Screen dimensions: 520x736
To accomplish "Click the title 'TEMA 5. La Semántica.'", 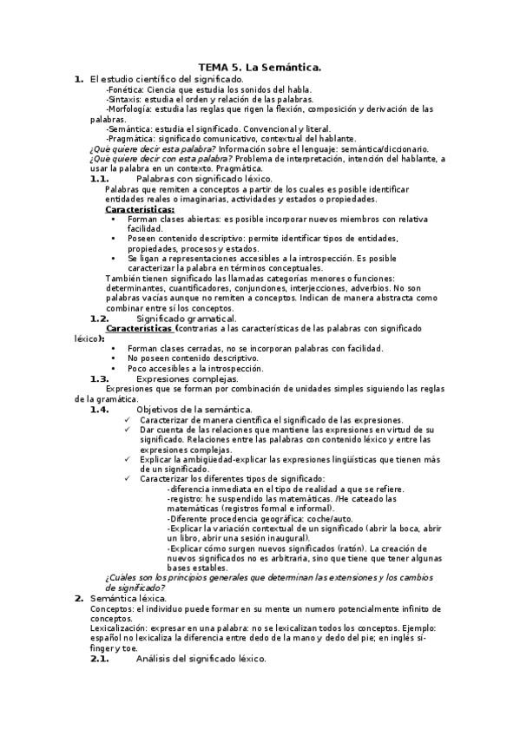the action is [260, 67].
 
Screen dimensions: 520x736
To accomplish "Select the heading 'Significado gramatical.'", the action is [187, 318].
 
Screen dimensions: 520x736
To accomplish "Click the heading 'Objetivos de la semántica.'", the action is [194, 409].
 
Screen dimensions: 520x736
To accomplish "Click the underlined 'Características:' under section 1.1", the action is [139, 208].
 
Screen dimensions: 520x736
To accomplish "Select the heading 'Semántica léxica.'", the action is [128, 598].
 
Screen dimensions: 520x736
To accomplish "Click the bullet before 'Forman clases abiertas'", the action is [115, 219].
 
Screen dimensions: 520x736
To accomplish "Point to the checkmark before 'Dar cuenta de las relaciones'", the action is [128, 429].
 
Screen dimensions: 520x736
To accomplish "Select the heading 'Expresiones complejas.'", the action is [187, 378].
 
